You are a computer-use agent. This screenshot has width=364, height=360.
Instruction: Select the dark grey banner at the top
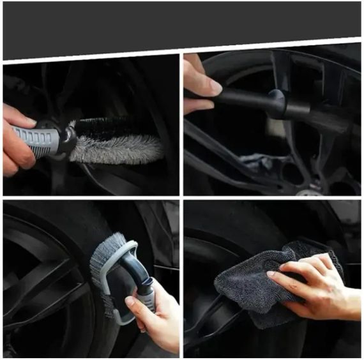pos(182,26)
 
